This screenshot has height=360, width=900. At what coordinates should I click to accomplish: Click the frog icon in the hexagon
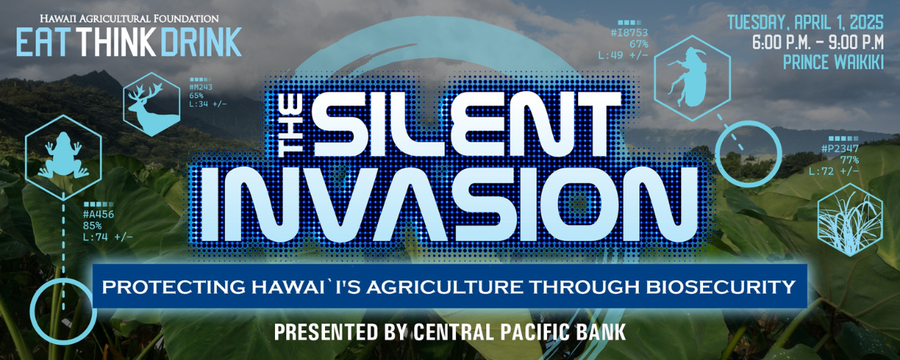click(x=63, y=156)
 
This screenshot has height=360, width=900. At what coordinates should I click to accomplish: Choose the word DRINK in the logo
click(x=201, y=42)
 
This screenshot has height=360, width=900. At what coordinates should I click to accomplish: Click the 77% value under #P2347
click(x=849, y=160)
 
